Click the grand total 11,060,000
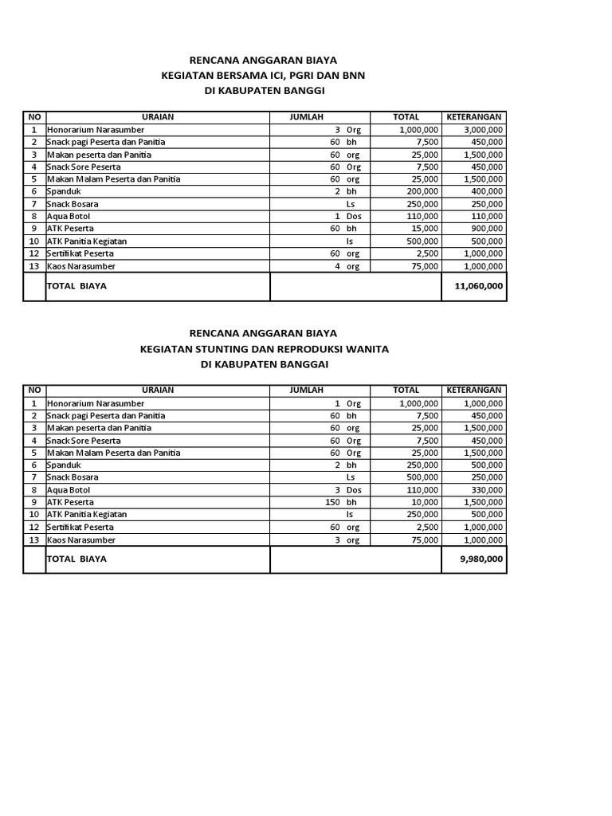(x=479, y=286)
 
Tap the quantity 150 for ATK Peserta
(x=333, y=503)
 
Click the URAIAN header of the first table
(x=158, y=117)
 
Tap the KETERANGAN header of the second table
(x=473, y=390)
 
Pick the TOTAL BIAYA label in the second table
(x=76, y=559)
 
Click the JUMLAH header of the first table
(x=307, y=117)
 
